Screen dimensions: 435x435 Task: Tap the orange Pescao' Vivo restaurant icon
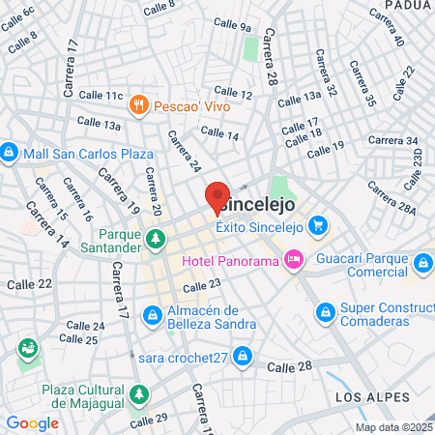(x=140, y=104)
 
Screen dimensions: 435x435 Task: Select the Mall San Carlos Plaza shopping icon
(x=10, y=153)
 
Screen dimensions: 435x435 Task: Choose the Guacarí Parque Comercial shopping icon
(x=422, y=263)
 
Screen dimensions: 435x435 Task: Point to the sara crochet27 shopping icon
(x=246, y=357)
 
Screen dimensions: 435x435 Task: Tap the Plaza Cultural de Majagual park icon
(x=141, y=394)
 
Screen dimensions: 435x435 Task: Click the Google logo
(x=32, y=422)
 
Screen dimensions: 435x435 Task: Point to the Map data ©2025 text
(x=392, y=427)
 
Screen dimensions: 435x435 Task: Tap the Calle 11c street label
(x=101, y=97)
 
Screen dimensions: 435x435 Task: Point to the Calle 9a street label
(x=231, y=25)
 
